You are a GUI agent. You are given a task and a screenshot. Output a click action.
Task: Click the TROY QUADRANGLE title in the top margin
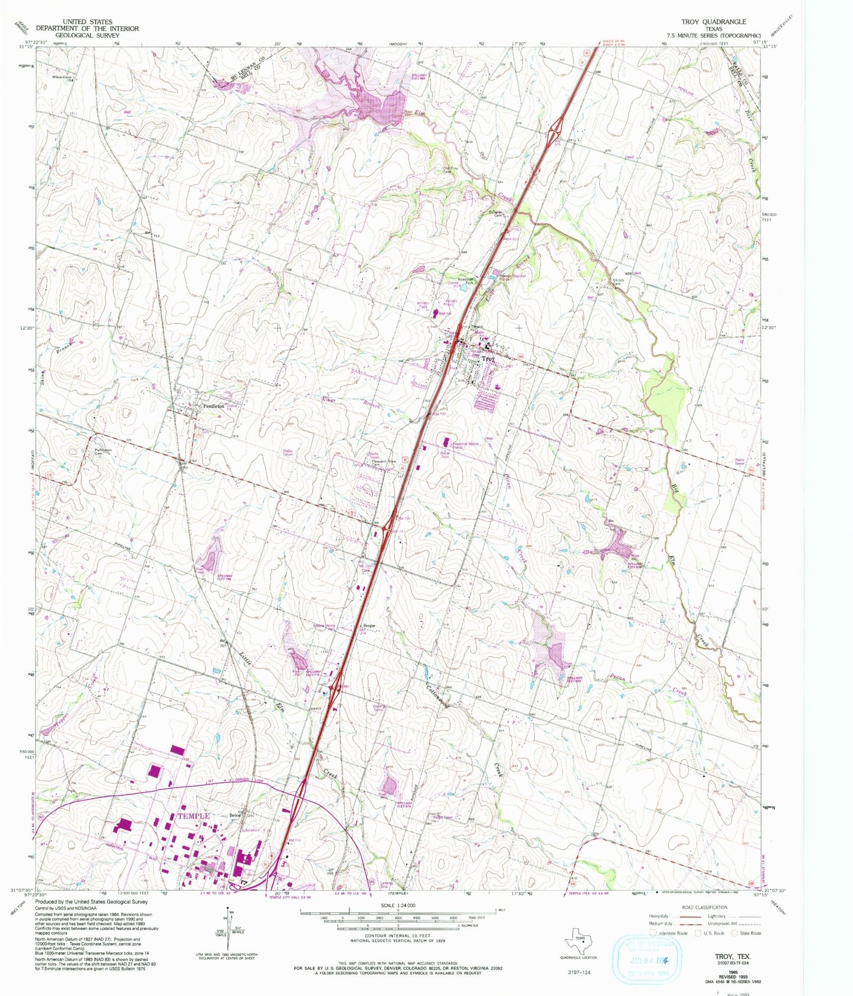(713, 21)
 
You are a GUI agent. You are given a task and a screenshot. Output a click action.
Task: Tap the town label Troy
(488, 358)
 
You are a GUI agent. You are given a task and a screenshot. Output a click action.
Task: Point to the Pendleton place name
(213, 406)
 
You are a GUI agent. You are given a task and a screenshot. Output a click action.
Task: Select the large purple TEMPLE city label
(194, 815)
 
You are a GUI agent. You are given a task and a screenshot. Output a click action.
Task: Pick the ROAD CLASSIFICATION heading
(705, 907)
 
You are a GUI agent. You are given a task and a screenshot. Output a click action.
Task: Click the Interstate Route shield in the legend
(653, 933)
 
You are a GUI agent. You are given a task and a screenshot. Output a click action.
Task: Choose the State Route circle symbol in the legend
(734, 933)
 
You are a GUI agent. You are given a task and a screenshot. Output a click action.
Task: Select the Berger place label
(370, 626)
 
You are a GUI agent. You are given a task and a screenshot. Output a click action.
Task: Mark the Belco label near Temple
(235, 816)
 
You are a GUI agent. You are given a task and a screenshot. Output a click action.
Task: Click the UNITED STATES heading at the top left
(87, 21)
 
